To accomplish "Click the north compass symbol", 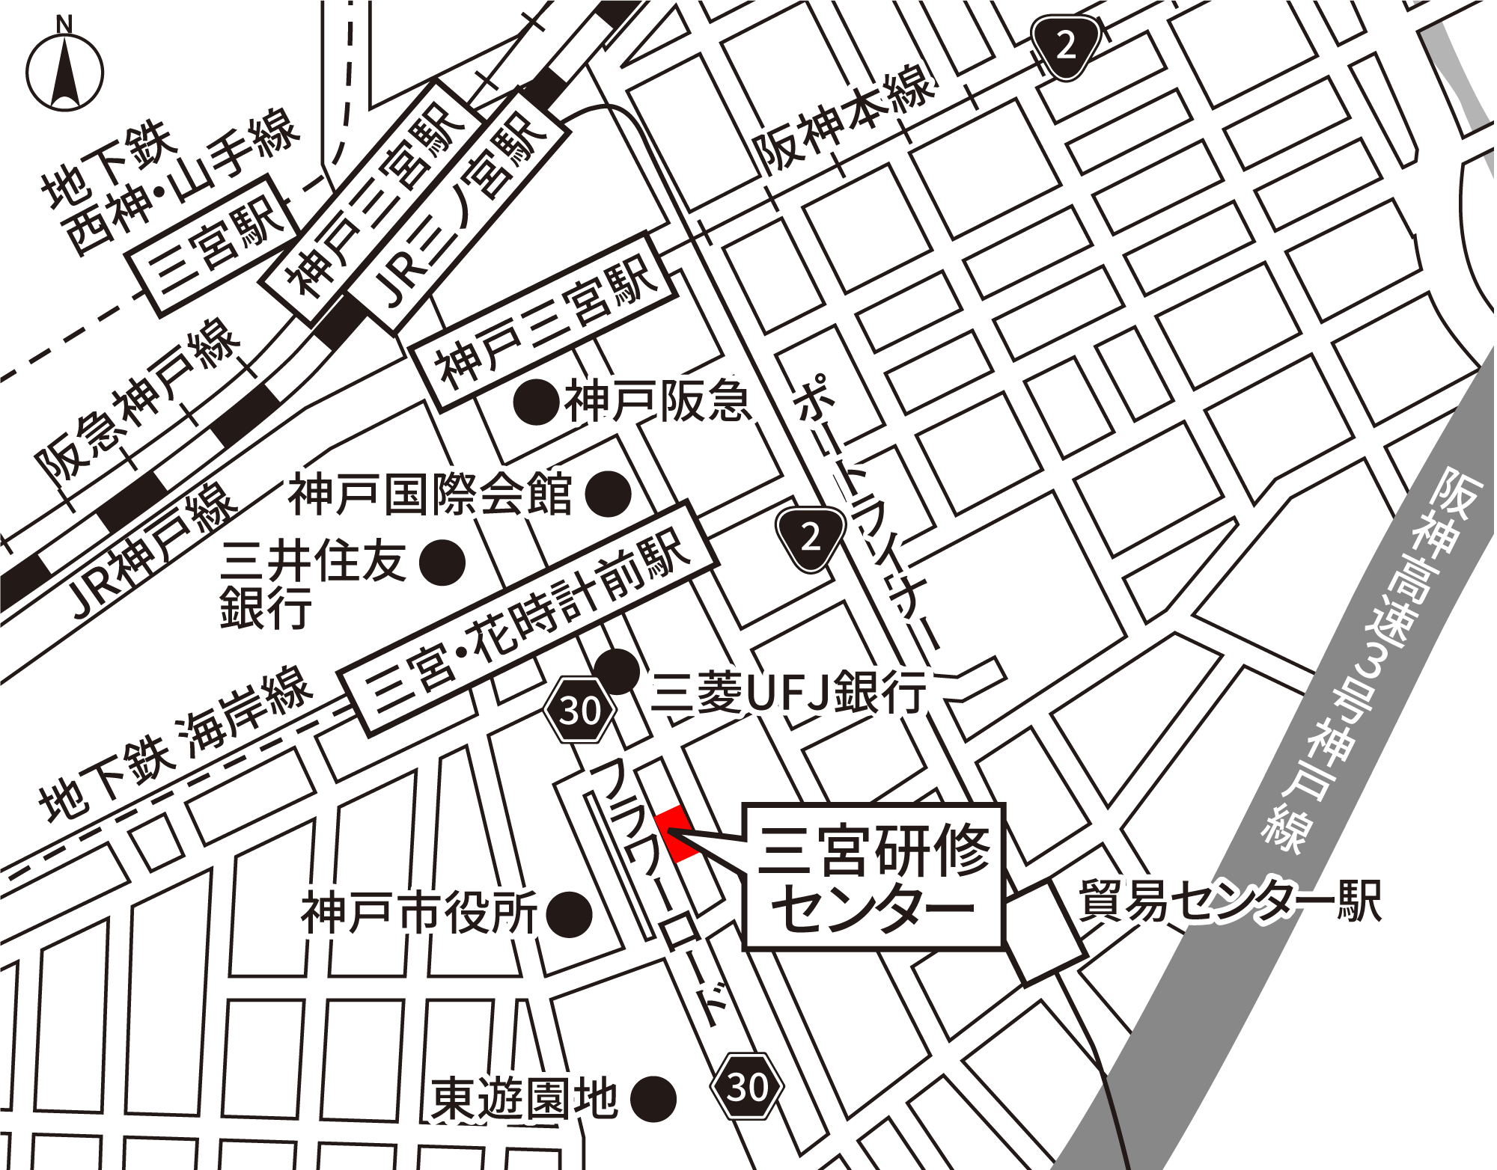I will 65,71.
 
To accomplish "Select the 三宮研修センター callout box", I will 873,878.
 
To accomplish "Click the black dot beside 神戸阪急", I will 537,402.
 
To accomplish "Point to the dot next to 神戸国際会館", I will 608,494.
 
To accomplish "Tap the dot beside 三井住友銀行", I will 442,563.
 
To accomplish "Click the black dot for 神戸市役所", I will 569,913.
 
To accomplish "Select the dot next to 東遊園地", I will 653,1100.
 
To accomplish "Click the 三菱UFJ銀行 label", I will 789,692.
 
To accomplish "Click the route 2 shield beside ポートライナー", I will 811,538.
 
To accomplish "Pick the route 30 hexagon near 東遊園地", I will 746,1086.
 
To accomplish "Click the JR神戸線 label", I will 153,550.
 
